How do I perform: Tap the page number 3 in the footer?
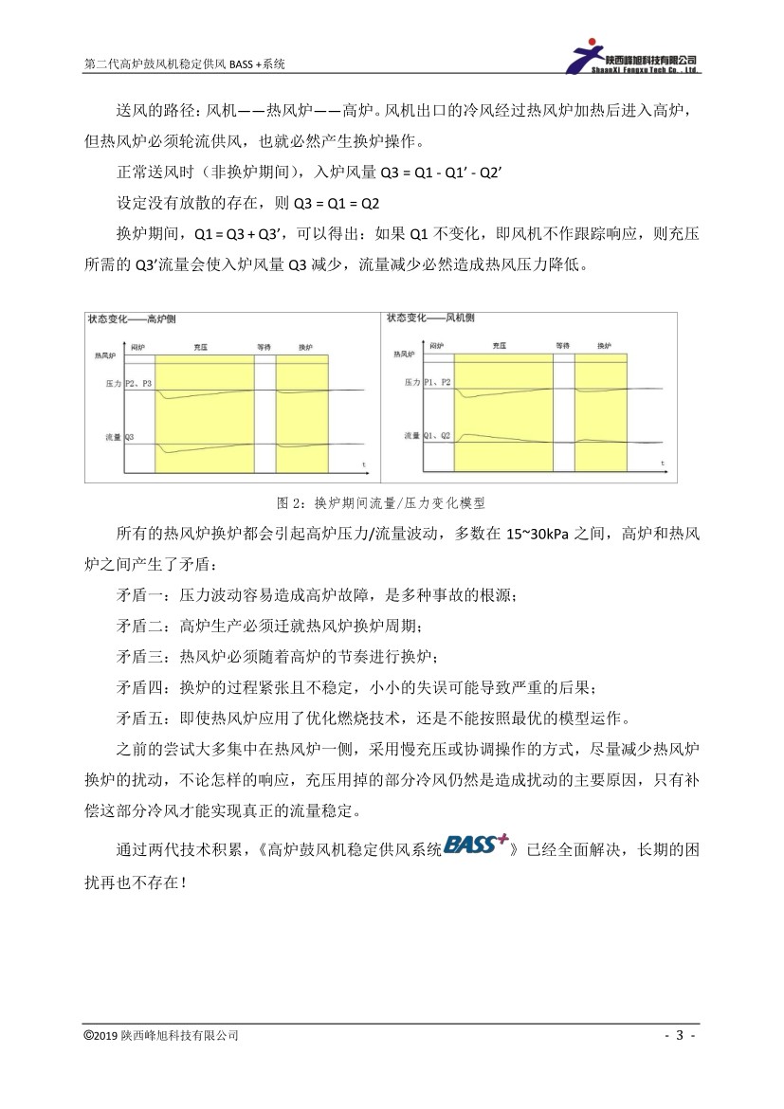click(680, 1035)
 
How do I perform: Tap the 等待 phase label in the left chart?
click(264, 348)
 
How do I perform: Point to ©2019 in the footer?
click(100, 1035)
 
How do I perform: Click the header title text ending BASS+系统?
click(185, 64)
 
